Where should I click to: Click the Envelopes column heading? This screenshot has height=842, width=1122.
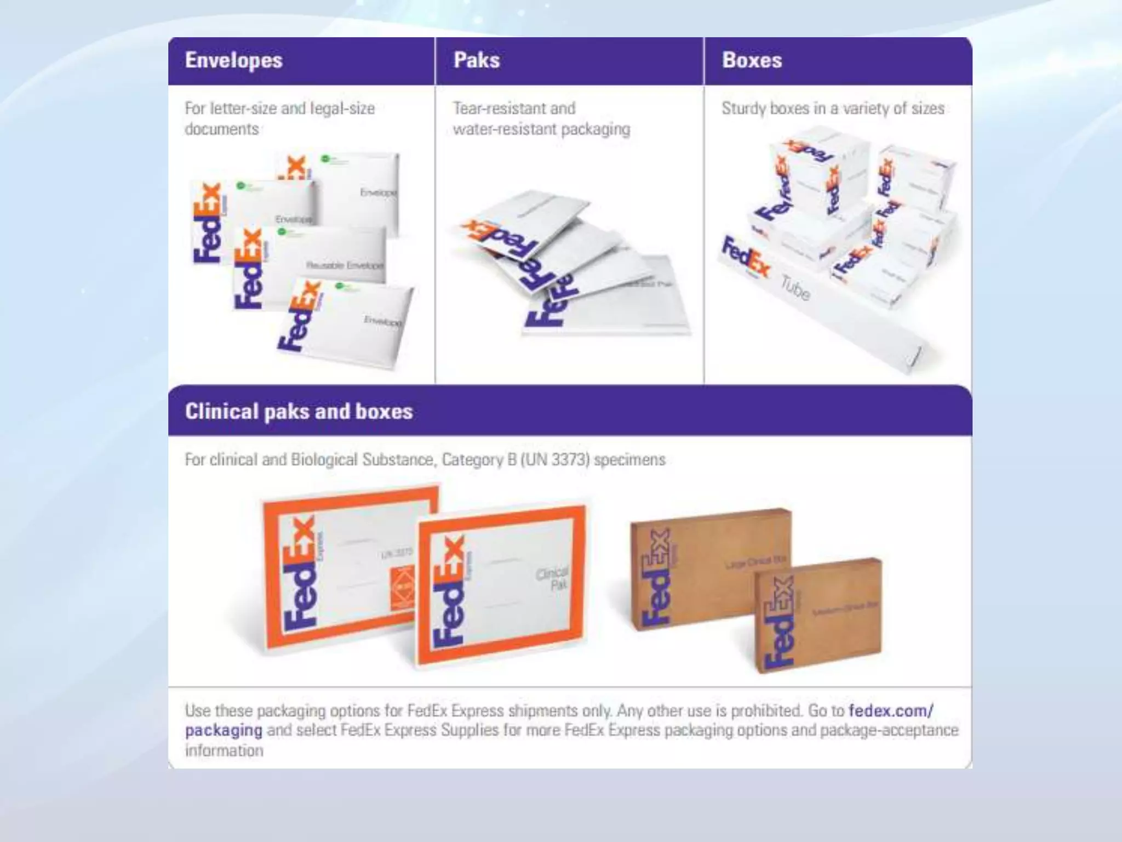(234, 60)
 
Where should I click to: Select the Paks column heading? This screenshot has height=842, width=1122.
(477, 60)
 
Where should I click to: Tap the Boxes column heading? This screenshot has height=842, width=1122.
(752, 60)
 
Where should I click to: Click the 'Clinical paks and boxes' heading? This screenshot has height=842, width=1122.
(299, 412)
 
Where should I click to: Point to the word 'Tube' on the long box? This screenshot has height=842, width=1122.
(795, 289)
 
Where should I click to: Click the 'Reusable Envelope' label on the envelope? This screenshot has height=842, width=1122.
(345, 265)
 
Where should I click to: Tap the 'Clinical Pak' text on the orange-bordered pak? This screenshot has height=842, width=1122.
(552, 579)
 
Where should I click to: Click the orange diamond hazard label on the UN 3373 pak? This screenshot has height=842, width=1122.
(403, 589)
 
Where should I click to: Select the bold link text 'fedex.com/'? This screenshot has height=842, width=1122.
(891, 711)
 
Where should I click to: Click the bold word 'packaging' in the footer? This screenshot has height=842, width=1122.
(224, 731)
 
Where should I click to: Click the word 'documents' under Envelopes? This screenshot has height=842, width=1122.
(221, 129)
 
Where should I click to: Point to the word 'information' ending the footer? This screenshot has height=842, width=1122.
(224, 751)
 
